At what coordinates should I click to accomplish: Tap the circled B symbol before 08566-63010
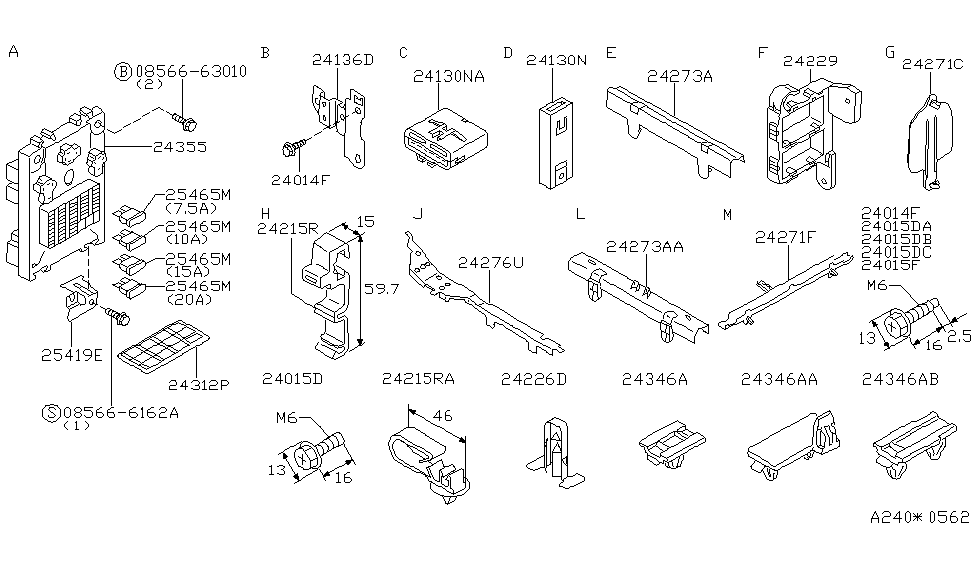(x=123, y=71)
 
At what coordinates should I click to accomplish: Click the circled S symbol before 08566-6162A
(x=51, y=411)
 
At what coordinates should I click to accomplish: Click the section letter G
(x=890, y=52)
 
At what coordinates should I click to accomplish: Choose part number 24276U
(x=490, y=263)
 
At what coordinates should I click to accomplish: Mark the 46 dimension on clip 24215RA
(x=442, y=414)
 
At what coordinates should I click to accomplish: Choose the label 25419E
(x=71, y=352)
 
